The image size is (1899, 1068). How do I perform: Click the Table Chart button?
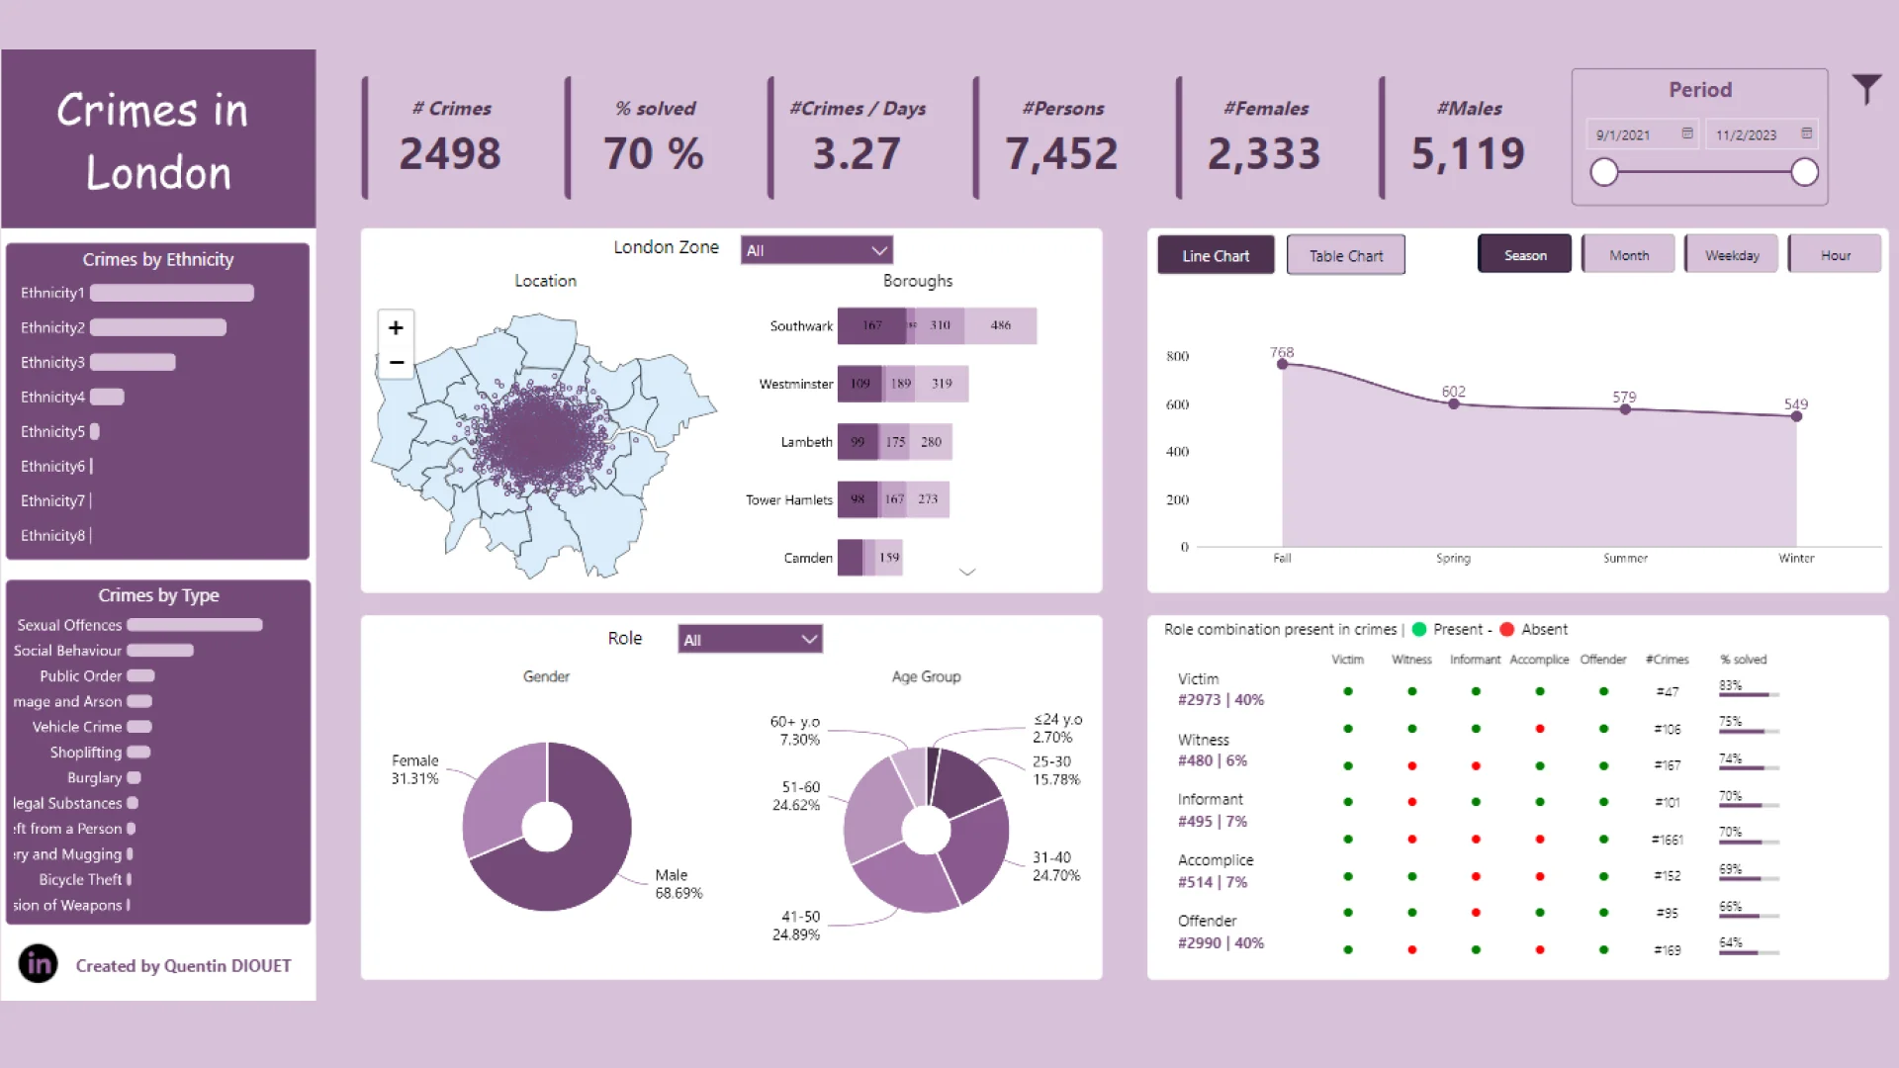pos(1345,256)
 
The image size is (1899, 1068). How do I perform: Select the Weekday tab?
pos(1731,255)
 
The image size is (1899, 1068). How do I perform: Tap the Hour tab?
pos(1835,255)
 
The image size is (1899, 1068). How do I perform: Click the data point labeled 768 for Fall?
pos(1283,365)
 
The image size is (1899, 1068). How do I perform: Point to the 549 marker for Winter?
pos(1796,416)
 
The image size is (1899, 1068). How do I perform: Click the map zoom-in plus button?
pos(396,327)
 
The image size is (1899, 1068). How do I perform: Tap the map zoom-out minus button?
pos(396,363)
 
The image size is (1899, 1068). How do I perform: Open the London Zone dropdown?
pos(817,250)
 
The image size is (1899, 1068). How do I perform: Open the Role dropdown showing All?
pos(750,640)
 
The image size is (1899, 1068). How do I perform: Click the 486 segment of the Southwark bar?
pos(1001,325)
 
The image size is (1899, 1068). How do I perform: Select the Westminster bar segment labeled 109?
pos(859,384)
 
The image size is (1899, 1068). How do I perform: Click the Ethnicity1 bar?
pos(172,293)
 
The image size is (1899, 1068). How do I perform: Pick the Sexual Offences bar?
pos(195,625)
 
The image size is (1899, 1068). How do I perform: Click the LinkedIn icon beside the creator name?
pos(39,963)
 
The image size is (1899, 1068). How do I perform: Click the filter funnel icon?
pos(1865,90)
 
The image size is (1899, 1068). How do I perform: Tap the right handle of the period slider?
pos(1804,172)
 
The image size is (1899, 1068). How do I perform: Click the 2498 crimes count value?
pos(450,153)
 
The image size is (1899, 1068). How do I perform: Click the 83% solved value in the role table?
pos(1730,685)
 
